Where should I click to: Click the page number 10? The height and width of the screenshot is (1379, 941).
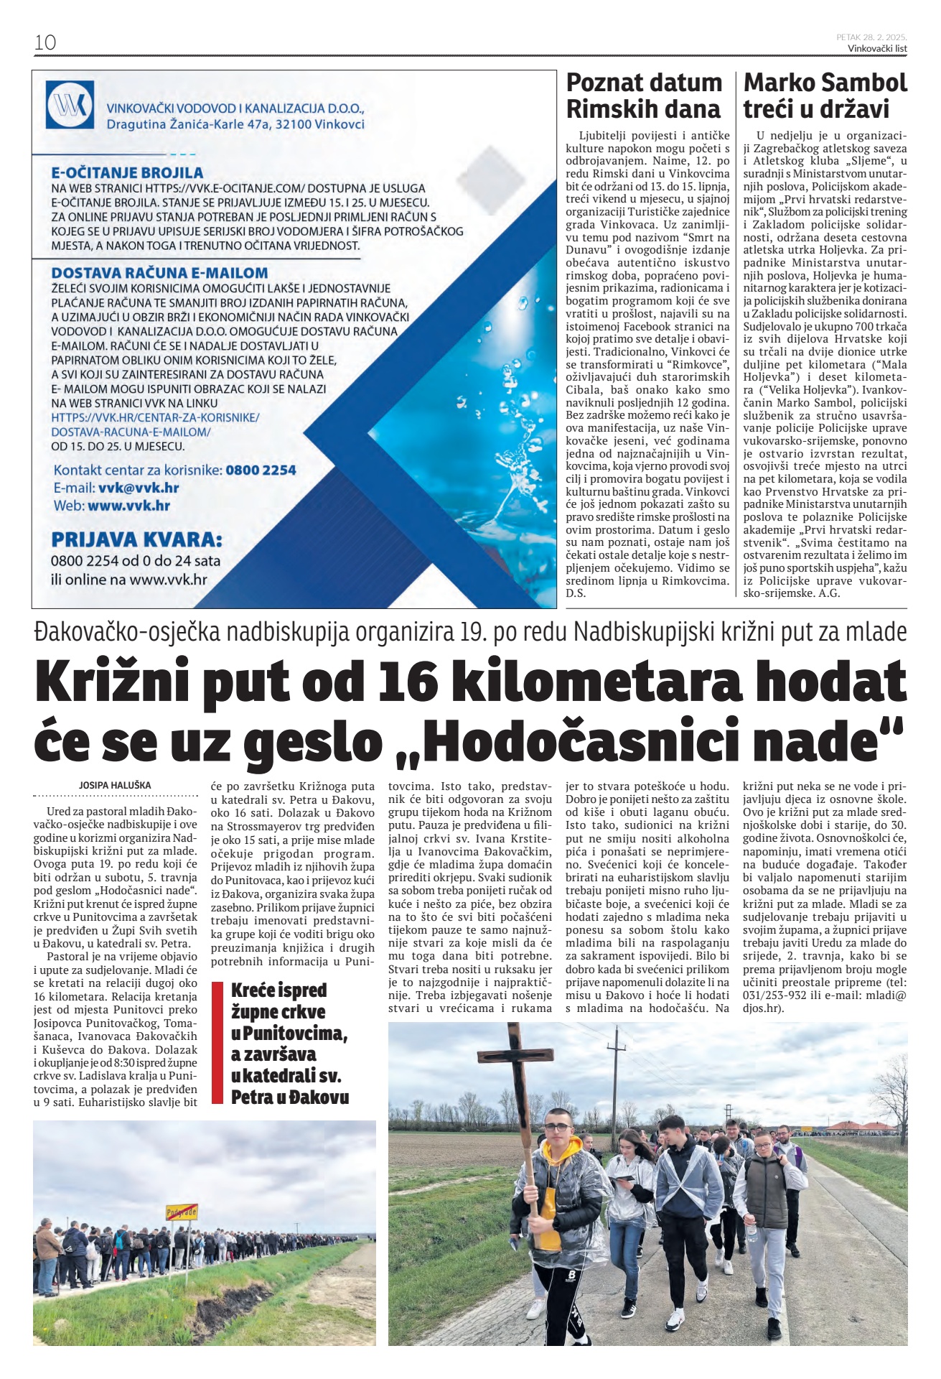point(45,42)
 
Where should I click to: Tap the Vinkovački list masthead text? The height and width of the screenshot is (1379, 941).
point(877,49)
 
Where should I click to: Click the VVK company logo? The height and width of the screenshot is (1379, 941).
point(70,106)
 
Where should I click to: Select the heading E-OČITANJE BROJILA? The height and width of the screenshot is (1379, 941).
point(128,172)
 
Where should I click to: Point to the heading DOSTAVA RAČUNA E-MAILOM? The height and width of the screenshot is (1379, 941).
point(159,273)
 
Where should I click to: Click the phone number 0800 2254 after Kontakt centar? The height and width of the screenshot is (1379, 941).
point(261,470)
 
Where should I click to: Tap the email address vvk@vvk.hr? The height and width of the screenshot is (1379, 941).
point(139,488)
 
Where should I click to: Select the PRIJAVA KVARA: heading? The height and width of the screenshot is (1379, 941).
point(136,539)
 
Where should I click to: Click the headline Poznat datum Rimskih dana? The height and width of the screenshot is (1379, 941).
point(644,96)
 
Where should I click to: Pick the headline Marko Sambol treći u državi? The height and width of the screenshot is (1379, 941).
point(825,96)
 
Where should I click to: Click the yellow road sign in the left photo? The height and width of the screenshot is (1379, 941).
point(181,1212)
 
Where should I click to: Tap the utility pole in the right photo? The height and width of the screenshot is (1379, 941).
point(615,1077)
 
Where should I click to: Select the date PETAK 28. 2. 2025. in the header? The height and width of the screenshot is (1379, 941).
point(871,37)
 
